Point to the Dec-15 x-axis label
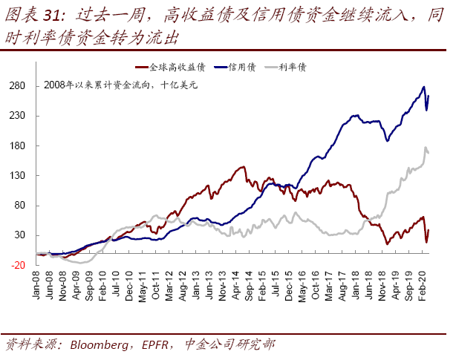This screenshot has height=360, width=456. point(287,286)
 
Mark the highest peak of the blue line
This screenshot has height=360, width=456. point(423,87)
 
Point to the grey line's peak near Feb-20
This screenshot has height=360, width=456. point(426,148)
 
